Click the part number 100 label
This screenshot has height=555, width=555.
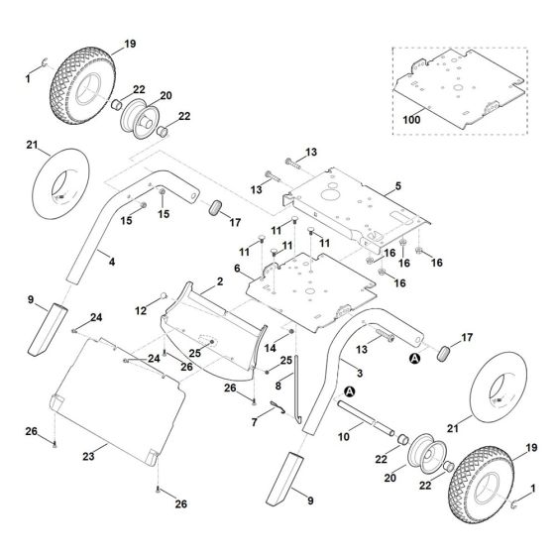tap(411, 120)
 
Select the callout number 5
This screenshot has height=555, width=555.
tap(398, 186)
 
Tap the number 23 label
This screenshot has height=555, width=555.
tap(88, 457)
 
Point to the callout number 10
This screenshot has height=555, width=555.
tap(343, 437)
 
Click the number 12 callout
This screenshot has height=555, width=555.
tap(141, 311)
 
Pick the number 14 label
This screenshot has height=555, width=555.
tap(270, 348)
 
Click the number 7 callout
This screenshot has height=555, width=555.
tap(254, 422)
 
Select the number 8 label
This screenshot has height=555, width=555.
tap(277, 386)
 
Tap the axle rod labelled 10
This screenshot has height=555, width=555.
tap(366, 418)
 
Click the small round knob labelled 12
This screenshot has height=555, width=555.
tap(164, 295)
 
